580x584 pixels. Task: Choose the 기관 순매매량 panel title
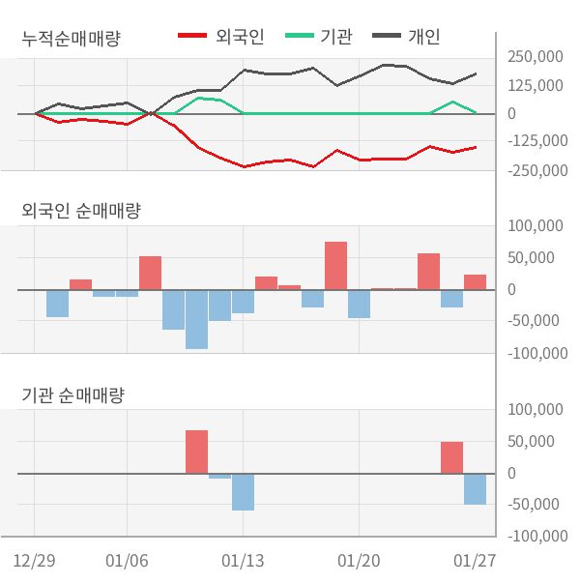tap(73, 395)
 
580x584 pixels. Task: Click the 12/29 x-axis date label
tap(34, 561)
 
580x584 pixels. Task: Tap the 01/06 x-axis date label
tap(127, 561)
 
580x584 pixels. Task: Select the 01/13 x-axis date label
tap(243, 561)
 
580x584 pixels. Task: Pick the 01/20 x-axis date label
tap(359, 561)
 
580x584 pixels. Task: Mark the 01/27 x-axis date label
tap(475, 561)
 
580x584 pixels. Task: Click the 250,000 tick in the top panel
tap(535, 57)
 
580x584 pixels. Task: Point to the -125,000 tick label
tap(536, 142)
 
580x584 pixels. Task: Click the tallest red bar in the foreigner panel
tap(335, 265)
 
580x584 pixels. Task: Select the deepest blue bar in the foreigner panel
tap(196, 319)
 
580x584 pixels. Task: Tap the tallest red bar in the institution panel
tap(196, 452)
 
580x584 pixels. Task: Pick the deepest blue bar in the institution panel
tap(243, 491)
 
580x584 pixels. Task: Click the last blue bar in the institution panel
tap(475, 489)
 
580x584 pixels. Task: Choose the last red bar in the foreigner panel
tap(475, 282)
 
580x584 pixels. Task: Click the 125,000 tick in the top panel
tap(535, 86)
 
